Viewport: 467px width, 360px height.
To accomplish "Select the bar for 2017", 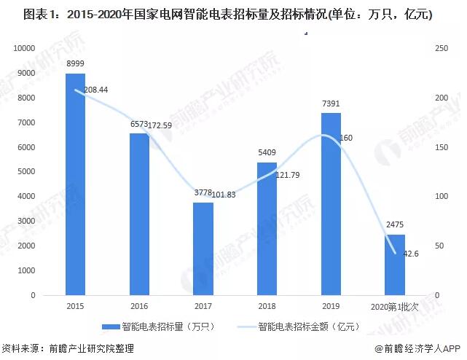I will coord(203,249).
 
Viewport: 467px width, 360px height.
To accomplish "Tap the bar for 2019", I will coord(331,204).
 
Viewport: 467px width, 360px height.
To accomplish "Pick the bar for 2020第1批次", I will coord(395,265).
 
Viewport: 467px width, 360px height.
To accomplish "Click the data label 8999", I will coord(75,65).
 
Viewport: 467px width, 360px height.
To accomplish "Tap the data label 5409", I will coord(267,153).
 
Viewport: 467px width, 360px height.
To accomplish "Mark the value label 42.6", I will coord(412,254).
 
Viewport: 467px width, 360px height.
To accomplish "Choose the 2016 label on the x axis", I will coord(139,307).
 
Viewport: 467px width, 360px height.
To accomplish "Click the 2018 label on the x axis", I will coord(267,307).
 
